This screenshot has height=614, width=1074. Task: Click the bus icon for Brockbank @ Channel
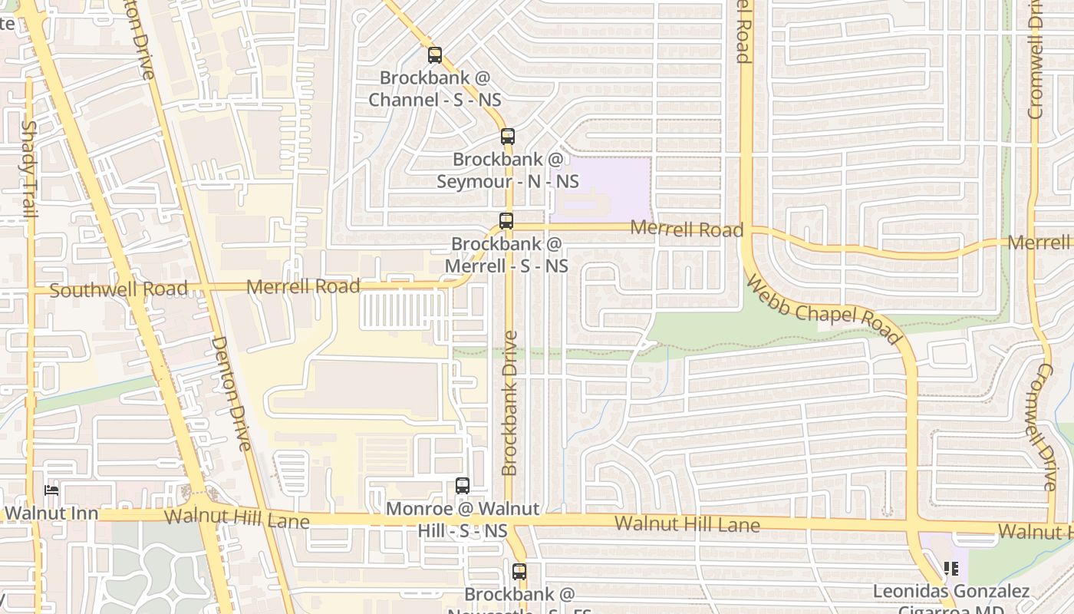[435, 55]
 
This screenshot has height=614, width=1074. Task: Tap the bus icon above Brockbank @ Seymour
[508, 137]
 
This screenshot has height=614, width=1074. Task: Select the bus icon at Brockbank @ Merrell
[506, 221]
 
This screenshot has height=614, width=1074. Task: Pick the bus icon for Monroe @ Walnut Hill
[463, 486]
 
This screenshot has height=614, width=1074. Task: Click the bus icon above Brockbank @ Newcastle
[519, 572]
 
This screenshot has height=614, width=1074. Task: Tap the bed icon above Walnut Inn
[51, 490]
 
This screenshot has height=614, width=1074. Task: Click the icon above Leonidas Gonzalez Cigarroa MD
[951, 569]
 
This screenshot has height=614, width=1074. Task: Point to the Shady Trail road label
[29, 169]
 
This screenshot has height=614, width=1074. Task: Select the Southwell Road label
[118, 290]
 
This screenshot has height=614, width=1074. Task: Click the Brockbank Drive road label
[510, 403]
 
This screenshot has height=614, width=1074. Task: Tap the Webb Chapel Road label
[822, 311]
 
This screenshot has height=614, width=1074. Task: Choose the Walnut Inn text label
[51, 513]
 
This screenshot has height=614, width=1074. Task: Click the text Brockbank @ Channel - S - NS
[435, 89]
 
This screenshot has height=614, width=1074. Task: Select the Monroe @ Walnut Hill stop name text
[463, 520]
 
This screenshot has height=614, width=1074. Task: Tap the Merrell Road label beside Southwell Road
[304, 287]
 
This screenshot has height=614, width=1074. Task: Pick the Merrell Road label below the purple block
[687, 229]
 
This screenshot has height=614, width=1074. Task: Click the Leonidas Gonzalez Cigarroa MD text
[951, 599]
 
